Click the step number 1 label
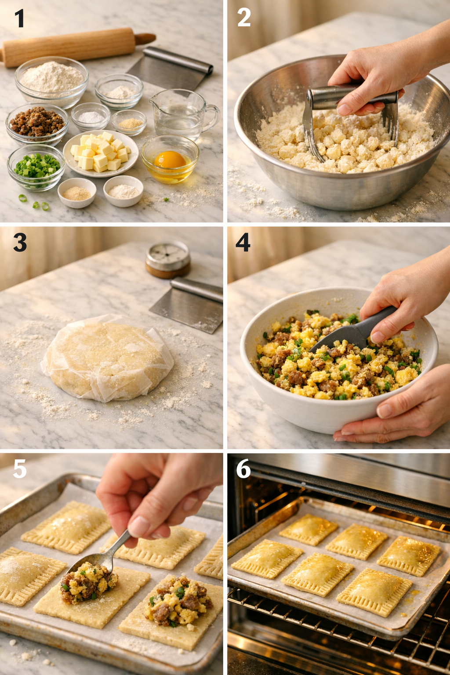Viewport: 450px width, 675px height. [x=19, y=19]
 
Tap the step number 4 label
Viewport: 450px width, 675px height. [x=243, y=242]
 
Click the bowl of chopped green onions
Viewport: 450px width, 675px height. [x=36, y=167]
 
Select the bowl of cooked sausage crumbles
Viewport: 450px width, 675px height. [x=37, y=123]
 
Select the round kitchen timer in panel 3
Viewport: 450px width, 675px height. [x=168, y=258]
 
